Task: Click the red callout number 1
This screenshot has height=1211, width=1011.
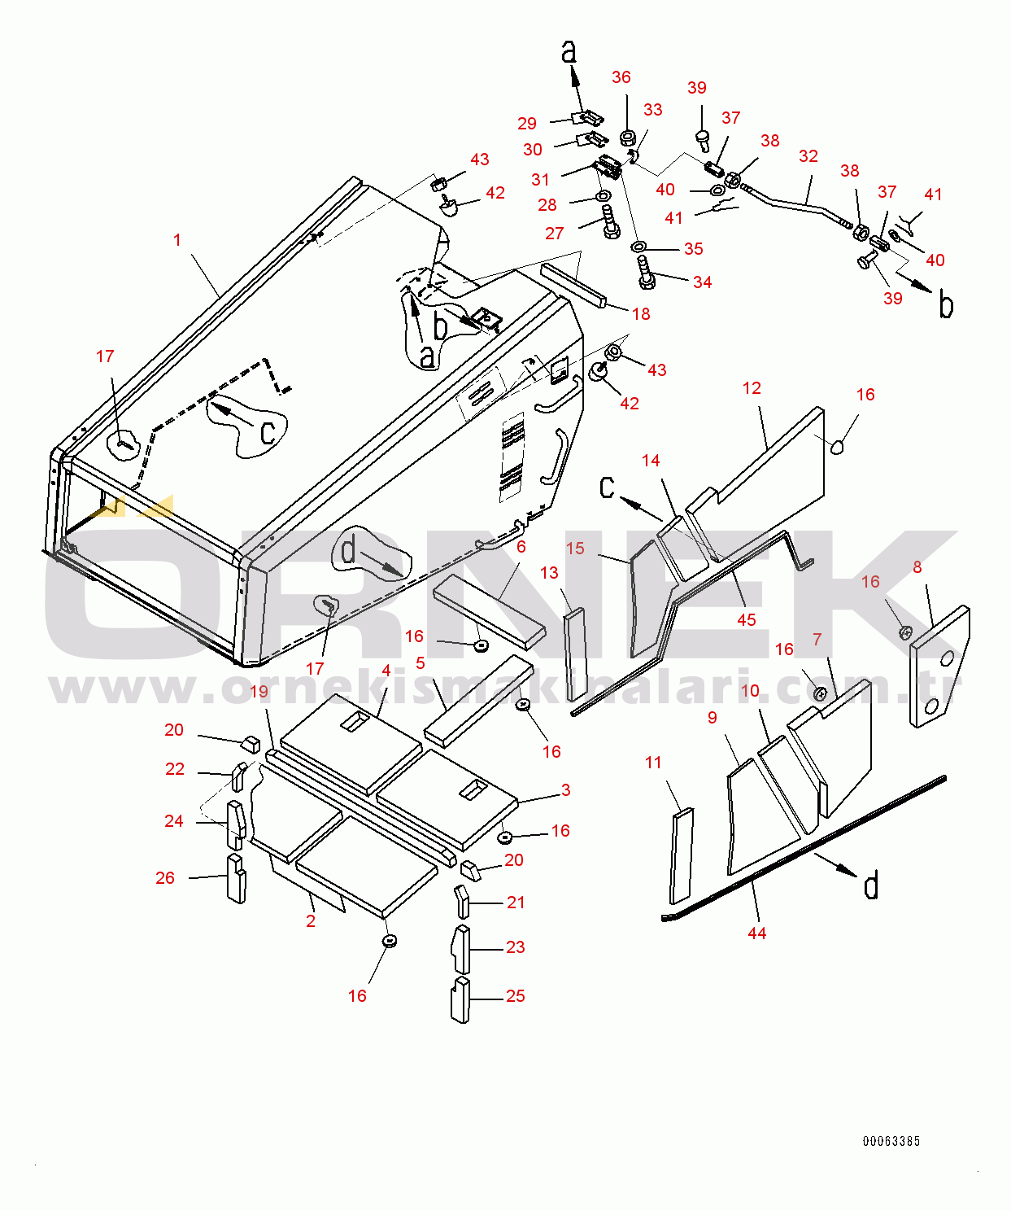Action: pos(177,239)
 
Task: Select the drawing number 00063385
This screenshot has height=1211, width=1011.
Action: pos(891,1141)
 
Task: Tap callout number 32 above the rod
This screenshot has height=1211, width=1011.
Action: pos(808,156)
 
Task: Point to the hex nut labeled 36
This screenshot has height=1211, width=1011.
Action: pos(628,138)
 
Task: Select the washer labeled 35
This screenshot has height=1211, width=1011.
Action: pos(638,247)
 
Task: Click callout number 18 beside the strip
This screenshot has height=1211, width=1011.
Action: pos(641,314)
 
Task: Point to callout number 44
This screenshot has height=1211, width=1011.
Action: pos(757,933)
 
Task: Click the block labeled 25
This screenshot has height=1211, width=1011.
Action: pos(460,999)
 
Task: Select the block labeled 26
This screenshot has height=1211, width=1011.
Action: pos(235,878)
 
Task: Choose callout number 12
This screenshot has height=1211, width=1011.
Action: pos(752,388)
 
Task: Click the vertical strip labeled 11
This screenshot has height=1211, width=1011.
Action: pos(681,856)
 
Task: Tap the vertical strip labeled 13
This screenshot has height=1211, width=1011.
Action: pos(575,655)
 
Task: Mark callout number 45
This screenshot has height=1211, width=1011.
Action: pos(747,619)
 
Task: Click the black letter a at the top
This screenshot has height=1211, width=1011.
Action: pos(569,51)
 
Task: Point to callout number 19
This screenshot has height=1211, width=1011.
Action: pos(259,691)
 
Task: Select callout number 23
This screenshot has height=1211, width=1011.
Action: pos(516,947)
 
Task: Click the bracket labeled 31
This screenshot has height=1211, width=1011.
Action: pos(608,167)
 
